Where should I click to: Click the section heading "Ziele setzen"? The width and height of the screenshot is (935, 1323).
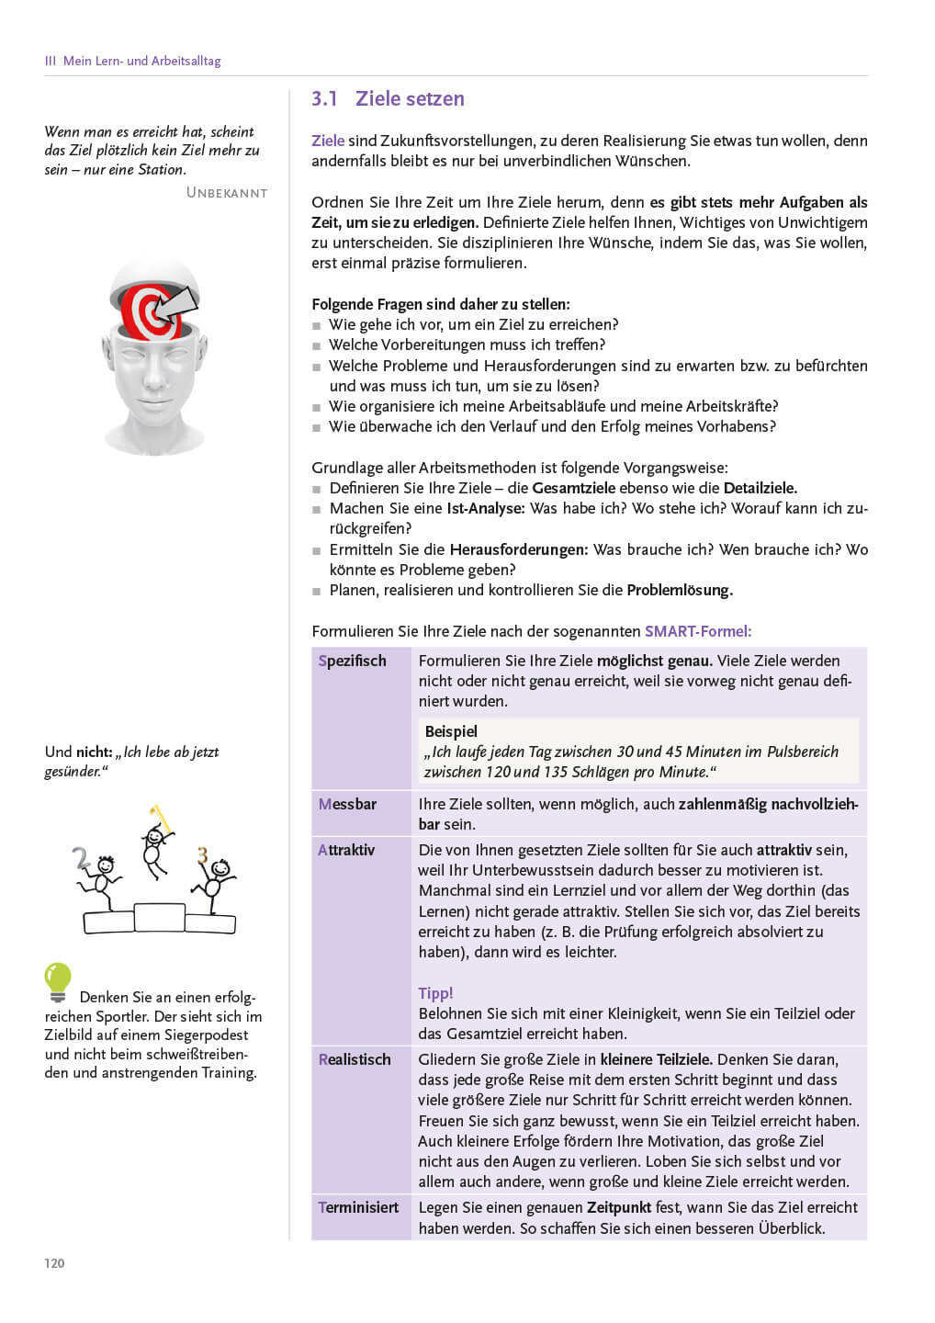point(410,99)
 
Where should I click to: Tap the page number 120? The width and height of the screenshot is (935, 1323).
point(54,1263)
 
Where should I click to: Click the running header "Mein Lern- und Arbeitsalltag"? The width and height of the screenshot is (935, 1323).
point(141,61)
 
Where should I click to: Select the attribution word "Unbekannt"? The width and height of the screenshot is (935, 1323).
point(227,193)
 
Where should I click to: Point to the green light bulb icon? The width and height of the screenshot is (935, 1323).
point(58,980)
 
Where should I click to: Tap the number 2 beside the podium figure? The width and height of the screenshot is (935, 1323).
point(82,858)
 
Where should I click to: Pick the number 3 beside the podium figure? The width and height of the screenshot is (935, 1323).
point(202,856)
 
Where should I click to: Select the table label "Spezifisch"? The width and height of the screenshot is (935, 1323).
point(352,661)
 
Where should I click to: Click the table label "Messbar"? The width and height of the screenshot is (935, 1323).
point(347,804)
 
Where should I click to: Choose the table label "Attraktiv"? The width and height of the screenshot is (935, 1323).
point(346,850)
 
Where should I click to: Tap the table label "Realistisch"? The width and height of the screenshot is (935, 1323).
point(355,1059)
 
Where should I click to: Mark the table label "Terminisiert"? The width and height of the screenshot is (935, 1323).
point(358,1207)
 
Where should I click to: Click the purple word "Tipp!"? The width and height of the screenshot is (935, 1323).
point(435,993)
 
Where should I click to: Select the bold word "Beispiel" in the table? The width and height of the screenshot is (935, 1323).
point(451,731)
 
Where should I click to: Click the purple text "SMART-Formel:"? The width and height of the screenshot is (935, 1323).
point(698,631)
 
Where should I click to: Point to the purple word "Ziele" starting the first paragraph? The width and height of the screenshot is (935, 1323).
point(328,141)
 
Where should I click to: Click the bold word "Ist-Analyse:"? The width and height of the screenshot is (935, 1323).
point(486,508)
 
